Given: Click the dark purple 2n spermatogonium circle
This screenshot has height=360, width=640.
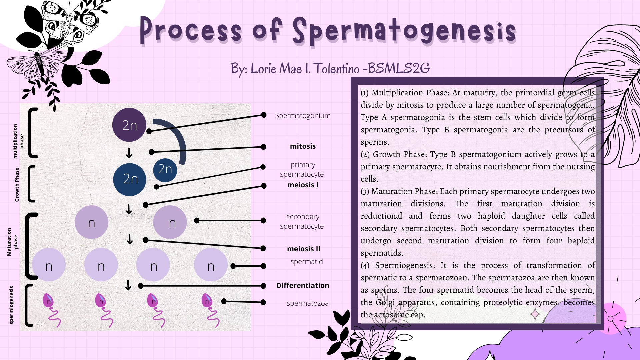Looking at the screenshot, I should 129,125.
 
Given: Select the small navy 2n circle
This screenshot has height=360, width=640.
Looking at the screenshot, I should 165,170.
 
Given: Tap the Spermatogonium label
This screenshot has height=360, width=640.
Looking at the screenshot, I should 303,116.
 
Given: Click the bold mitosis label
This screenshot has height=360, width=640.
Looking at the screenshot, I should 303,146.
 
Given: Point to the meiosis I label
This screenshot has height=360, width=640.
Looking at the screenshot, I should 303,185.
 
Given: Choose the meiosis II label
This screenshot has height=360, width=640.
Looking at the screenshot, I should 303,249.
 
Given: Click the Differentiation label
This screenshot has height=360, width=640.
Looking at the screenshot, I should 303,286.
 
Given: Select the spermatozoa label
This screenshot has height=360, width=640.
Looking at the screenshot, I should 307,303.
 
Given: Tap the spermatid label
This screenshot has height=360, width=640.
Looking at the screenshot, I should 306,262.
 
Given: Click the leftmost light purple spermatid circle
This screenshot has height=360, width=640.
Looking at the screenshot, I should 49,265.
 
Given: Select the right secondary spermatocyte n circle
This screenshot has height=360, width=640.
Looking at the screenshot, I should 170,222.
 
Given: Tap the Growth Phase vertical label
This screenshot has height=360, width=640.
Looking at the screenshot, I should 17,184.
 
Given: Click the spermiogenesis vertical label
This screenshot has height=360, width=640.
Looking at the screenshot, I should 12,305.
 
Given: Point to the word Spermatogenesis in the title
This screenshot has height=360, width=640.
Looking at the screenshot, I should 404,32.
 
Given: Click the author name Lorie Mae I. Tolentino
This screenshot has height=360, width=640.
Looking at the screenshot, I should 305,69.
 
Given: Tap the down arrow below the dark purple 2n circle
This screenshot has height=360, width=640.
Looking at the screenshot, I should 129,153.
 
